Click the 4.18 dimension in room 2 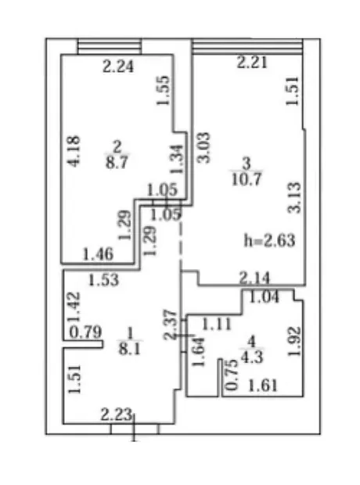click(74, 151)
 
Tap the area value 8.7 click(117, 162)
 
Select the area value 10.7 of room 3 click(247, 179)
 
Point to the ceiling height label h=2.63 click(269, 240)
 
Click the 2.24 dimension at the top click(118, 66)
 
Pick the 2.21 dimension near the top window click(252, 62)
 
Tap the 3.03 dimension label click(204, 148)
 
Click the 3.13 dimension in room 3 click(294, 198)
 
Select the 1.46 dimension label click(98, 254)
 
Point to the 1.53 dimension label click(103, 280)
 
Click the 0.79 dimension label click(85, 332)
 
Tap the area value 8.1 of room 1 click(130, 350)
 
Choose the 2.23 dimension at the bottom click(117, 415)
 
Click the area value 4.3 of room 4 click(252, 357)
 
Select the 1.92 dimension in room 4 click(294, 342)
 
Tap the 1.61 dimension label click(263, 386)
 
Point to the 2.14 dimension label click(255, 278)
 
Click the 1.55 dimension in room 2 click(163, 90)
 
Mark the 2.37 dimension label click(171, 325)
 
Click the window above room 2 click(110, 46)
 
